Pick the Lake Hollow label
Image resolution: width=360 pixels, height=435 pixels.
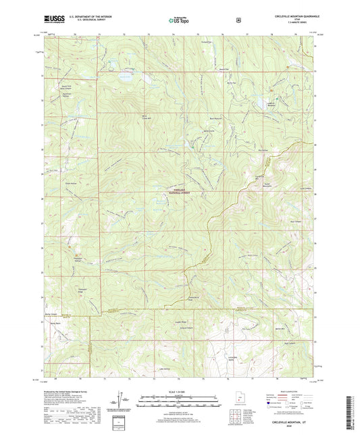(x=165, y=369)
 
